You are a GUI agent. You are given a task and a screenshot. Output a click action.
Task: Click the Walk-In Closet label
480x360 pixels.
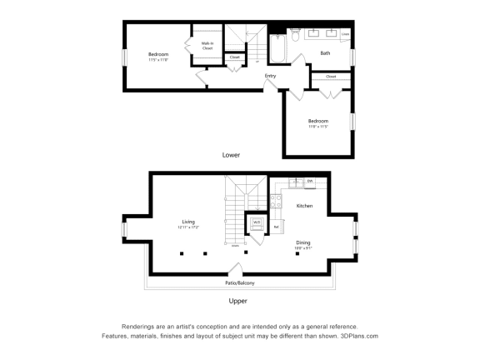[207, 46]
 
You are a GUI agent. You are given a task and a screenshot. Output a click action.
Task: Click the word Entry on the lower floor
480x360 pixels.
[270, 77]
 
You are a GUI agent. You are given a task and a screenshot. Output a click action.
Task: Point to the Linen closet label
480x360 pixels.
[345, 34]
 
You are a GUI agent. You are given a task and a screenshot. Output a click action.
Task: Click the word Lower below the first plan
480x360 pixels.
[232, 155]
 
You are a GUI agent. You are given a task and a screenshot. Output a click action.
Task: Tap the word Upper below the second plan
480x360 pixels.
[237, 301]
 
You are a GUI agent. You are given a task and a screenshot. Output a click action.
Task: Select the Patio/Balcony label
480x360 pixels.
[239, 283]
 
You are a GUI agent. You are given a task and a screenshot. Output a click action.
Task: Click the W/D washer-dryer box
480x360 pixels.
[257, 222]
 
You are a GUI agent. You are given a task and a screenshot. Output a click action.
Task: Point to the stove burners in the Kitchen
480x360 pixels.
[276, 201]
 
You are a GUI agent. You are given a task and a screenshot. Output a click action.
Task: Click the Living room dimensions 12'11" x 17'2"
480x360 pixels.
[187, 227]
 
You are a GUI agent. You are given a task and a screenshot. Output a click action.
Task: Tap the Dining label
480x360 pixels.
[303, 242]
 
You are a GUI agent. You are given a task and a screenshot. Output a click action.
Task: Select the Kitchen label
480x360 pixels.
[304, 205]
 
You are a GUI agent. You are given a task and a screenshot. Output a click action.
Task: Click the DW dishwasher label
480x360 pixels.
[309, 181]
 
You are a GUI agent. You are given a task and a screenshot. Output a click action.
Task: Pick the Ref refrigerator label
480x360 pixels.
[277, 226]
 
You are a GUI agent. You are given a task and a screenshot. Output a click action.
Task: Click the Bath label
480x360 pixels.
[324, 54]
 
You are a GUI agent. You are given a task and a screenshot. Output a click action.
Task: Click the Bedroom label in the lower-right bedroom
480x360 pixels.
[318, 121]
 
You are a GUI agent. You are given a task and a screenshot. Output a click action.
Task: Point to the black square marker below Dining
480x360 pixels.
[297, 253]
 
